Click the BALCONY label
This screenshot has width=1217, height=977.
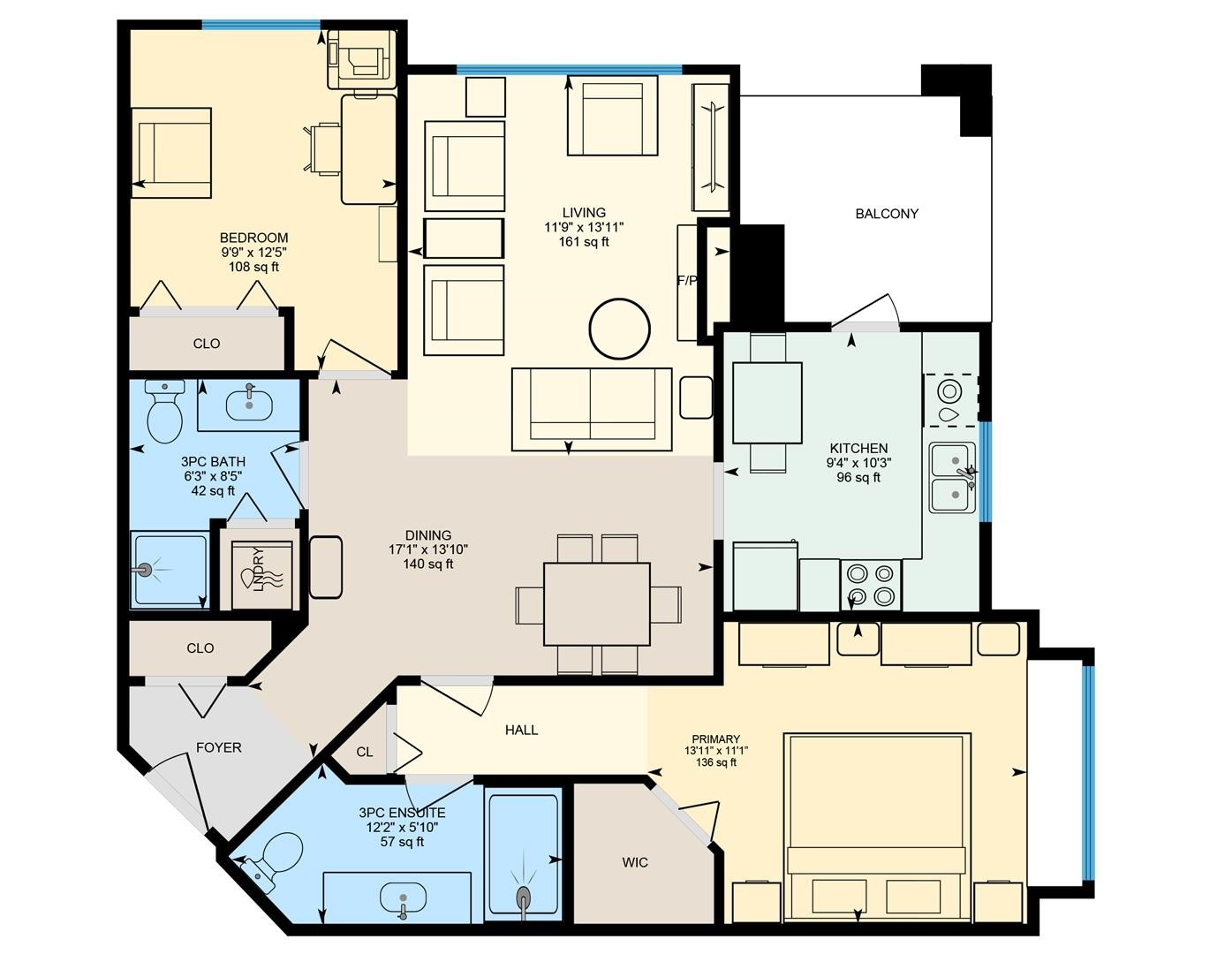(886, 214)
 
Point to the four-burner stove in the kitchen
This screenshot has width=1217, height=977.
(871, 586)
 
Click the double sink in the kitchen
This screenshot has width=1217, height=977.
(953, 478)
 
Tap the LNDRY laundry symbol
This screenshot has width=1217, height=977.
(261, 575)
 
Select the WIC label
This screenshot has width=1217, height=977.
(634, 862)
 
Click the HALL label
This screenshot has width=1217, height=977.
(521, 730)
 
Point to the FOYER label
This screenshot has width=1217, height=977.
(218, 747)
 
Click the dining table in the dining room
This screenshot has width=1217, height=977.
(597, 603)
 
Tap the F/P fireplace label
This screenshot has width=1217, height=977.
(687, 281)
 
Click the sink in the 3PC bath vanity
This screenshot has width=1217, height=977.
(249, 404)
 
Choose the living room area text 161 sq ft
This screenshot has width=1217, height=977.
(584, 242)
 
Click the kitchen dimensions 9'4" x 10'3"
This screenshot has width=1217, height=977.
(858, 463)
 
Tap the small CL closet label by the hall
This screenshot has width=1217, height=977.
(364, 752)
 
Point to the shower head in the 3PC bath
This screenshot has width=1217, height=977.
(146, 570)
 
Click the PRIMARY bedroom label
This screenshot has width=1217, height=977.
(716, 739)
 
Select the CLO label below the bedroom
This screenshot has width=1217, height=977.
(207, 344)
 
